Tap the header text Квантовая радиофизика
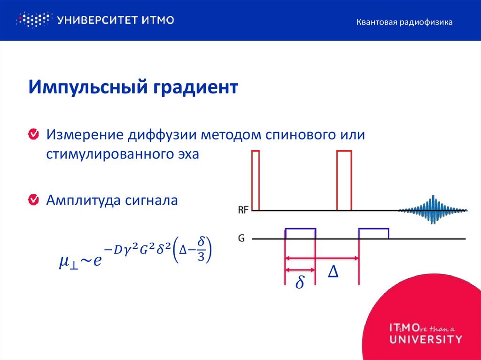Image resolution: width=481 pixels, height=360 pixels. [404, 22]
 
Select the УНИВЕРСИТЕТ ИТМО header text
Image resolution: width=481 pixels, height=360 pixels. [116, 20]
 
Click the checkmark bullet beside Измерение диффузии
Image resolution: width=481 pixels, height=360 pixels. [34, 135]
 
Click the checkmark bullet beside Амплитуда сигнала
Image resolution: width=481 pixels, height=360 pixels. [34, 200]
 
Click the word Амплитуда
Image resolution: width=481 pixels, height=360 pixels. [82, 200]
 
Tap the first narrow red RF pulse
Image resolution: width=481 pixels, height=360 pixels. [256, 180]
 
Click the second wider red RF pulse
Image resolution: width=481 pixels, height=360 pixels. [344, 180]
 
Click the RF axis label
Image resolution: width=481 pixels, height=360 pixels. [243, 210]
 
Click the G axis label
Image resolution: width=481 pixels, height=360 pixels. [241, 238]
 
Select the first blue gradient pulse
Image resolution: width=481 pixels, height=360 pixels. [301, 233]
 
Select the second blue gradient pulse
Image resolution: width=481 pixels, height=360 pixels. [373, 233]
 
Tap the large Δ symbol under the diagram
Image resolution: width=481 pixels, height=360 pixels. [333, 272]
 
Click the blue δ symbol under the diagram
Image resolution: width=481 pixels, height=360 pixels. [300, 283]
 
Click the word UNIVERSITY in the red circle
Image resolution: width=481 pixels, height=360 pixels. [426, 339]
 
